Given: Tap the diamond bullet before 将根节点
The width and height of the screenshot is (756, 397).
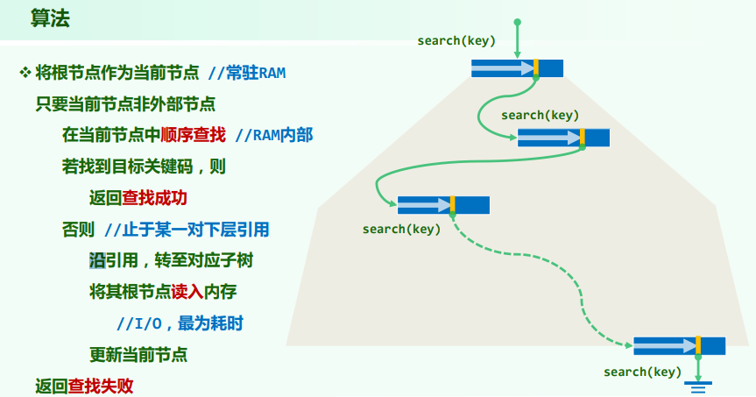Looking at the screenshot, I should [25, 72].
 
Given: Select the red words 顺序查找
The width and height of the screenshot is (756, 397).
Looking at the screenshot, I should [193, 135].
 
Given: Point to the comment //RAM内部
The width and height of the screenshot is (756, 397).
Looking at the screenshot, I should [275, 135].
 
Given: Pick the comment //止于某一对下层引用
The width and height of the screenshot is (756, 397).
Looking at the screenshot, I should [187, 230].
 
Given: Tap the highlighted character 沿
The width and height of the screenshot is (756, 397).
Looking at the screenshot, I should [97, 260].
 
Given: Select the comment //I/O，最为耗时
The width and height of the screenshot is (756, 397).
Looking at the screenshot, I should [180, 323].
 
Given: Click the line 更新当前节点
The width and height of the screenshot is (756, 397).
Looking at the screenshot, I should [138, 355].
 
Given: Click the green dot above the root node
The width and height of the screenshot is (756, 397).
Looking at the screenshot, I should [517, 21].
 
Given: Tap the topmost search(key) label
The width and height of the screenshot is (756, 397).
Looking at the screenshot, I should [456, 41].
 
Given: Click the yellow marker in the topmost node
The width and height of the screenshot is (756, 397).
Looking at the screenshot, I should [535, 68].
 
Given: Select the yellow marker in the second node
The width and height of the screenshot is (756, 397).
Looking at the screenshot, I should [582, 137].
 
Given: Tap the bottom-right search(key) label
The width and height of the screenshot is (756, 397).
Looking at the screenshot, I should [642, 372].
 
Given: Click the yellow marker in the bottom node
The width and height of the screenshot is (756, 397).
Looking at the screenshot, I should [697, 345].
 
